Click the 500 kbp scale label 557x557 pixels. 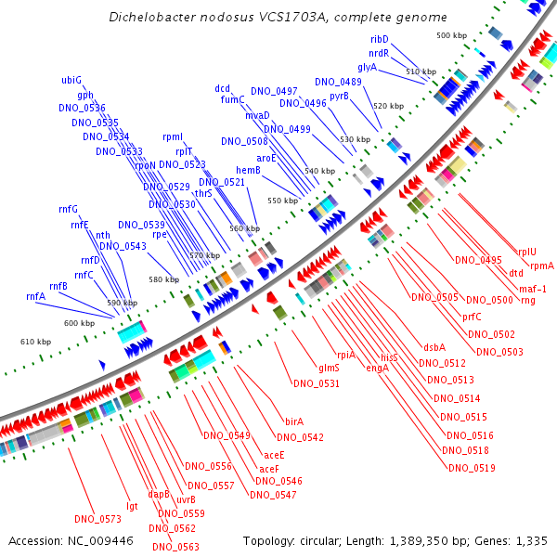click(x=451, y=35)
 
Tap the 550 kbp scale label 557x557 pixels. click(x=283, y=201)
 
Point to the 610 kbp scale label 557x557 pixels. click(x=35, y=342)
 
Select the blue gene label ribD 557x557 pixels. click(x=380, y=39)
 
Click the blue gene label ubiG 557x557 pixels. click(x=71, y=80)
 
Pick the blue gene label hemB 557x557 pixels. click(x=248, y=171)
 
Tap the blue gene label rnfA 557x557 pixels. click(x=35, y=296)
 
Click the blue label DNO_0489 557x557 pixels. click(x=338, y=82)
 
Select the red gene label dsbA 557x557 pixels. click(x=434, y=347)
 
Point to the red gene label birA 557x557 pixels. click(x=294, y=421)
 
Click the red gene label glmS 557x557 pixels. click(x=329, y=368)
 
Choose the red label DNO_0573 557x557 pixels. click(x=97, y=519)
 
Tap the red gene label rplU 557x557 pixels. click(x=527, y=252)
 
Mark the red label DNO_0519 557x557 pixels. click(x=472, y=468)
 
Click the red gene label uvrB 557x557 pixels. click(x=186, y=499)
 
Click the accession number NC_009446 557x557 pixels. click(x=100, y=541)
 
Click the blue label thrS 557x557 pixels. click(x=203, y=193)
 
